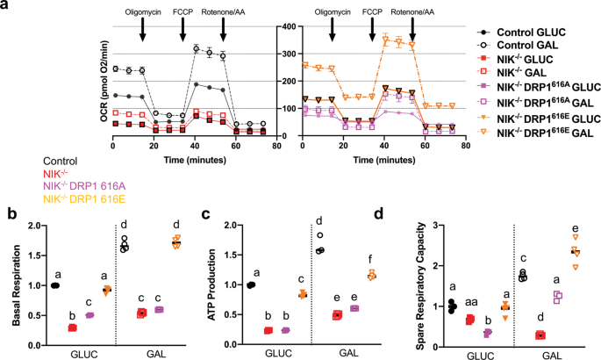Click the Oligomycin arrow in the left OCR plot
142,27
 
